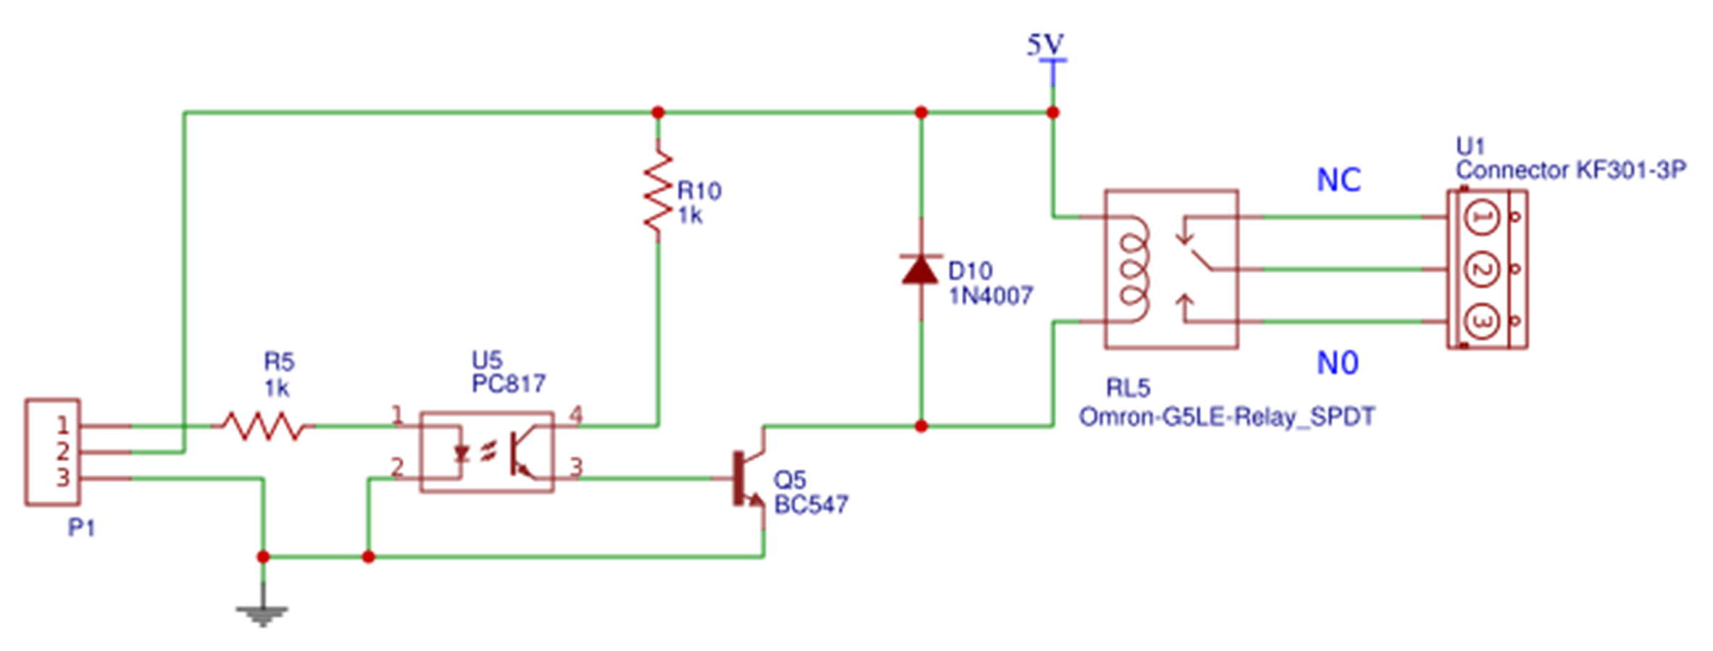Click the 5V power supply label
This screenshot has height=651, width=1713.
(1045, 46)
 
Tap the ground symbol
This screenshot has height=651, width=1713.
(262, 614)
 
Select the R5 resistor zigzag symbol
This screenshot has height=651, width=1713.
(263, 426)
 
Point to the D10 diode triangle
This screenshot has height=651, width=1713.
(921, 269)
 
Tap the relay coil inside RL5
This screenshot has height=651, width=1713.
(1134, 269)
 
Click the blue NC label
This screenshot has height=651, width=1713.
(1339, 180)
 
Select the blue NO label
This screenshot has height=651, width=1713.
(1337, 363)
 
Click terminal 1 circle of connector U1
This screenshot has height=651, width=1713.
(1482, 217)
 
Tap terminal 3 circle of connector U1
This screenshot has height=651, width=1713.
(1482, 322)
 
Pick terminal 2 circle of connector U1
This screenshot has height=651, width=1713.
(1482, 269)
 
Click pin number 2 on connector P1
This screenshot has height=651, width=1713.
(63, 452)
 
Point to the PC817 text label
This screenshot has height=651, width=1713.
(508, 384)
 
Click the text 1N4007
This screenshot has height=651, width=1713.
(990, 296)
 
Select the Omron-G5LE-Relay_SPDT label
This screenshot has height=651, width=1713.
(1226, 417)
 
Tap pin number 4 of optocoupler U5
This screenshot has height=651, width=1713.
(575, 415)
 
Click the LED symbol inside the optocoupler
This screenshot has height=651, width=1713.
(461, 453)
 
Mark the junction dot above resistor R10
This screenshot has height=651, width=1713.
(658, 112)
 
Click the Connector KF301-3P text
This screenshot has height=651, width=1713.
(1570, 171)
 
